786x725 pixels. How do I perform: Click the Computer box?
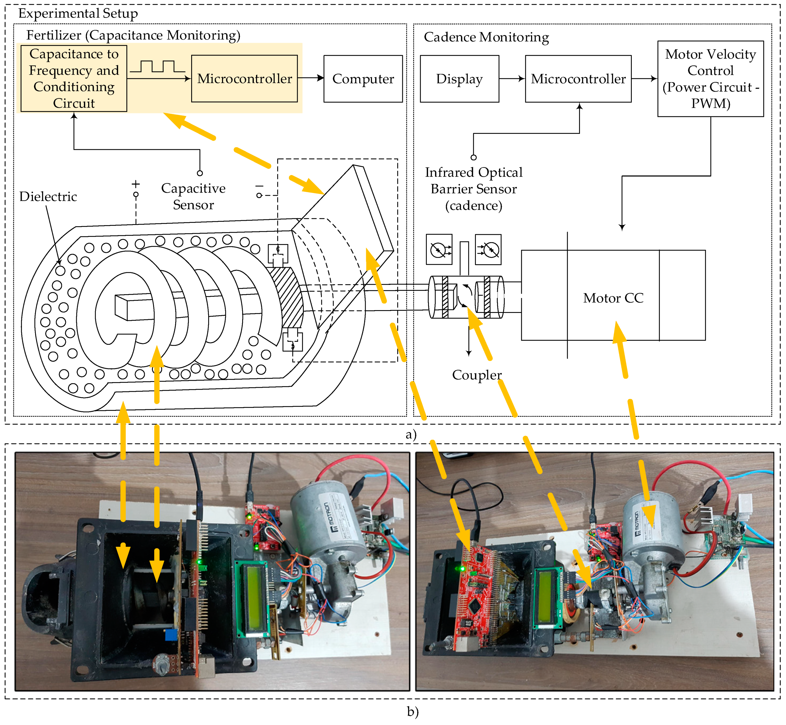pos(363,79)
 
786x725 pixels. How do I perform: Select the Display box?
pos(459,79)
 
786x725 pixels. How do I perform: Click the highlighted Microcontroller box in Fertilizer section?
pos(244,79)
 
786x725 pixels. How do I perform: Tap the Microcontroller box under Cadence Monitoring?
pos(578,79)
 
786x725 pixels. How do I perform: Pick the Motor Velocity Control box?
pos(710,79)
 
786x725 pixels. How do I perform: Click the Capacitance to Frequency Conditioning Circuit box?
pos(74,78)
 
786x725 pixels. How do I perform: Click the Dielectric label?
pos(48,197)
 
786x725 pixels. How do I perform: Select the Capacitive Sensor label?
pos(193,197)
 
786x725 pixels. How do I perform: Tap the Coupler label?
pos(477,375)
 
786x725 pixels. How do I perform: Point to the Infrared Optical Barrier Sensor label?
pos(473,189)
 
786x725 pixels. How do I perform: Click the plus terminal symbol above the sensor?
pos(136,184)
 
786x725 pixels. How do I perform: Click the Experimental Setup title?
pos(78,13)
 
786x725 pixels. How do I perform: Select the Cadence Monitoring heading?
pos(486,37)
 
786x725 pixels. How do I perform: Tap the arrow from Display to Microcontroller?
pos(512,79)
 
